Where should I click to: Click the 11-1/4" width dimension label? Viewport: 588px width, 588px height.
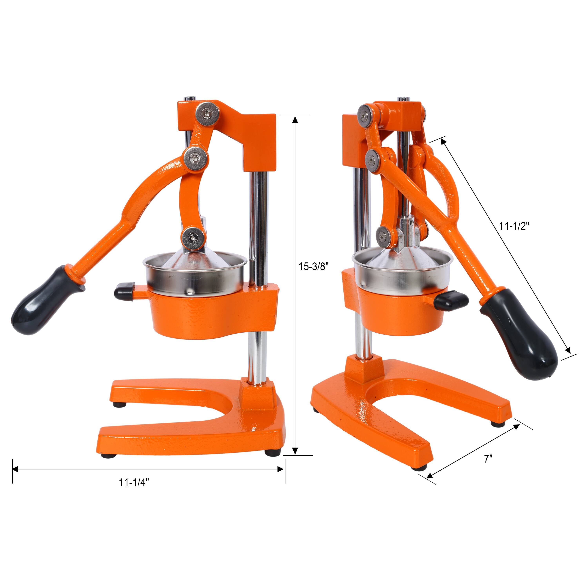pos(134,491)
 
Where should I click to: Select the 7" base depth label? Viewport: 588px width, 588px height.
pos(488,467)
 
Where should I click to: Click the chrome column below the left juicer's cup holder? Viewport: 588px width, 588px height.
pos(257,353)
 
